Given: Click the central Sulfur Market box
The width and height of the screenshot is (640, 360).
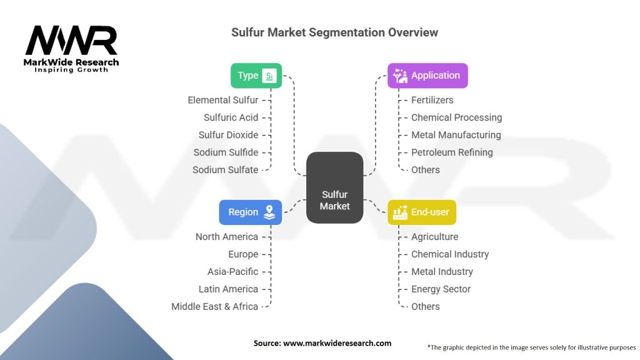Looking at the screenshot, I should (334, 187).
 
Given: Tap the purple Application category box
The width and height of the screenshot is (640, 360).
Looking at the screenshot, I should (427, 76).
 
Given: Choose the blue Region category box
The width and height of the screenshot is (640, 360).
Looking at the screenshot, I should (250, 212).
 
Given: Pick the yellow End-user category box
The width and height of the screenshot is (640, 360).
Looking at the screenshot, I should (422, 212).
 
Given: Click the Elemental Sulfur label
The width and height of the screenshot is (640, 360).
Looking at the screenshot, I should (222, 100).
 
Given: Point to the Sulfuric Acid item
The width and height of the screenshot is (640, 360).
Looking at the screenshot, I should (231, 117).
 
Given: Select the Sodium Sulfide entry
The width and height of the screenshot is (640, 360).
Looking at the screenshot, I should (226, 152).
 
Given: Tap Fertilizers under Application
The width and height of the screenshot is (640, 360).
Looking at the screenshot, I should (432, 100).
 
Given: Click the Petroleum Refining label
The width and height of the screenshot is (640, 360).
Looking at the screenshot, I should (452, 152).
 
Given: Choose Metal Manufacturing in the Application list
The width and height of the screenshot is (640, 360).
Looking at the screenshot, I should (456, 135).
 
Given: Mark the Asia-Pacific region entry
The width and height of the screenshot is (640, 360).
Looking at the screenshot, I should (232, 272).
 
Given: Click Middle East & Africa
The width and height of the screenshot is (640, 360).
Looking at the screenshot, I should (214, 307).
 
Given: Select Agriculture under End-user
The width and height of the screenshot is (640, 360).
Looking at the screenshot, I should (434, 237).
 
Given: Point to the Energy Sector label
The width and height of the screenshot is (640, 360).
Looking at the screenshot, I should (441, 289).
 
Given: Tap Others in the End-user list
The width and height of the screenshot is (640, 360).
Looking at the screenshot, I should (426, 307).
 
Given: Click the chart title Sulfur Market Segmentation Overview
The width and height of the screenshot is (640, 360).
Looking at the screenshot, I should (334, 32).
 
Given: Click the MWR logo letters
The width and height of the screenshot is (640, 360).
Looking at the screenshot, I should (71, 41).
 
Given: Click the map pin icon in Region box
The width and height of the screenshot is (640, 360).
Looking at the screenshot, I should (269, 212).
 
